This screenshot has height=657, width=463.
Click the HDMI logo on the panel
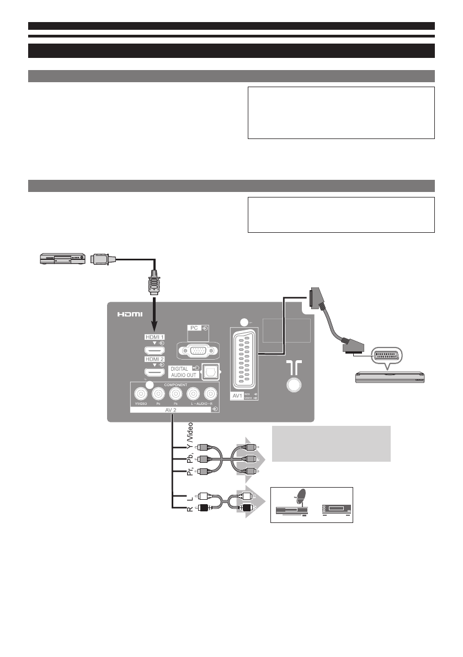tap(130, 314)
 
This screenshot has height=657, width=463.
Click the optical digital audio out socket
tap(210, 373)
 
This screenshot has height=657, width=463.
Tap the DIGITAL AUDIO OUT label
tap(179, 372)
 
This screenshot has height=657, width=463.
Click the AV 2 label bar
tap(175, 409)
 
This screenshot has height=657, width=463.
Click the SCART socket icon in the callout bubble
tap(386, 355)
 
